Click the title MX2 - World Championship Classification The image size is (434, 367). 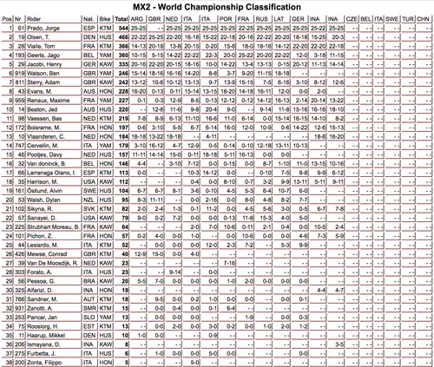coord(218,7)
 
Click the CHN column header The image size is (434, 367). coord(423,18)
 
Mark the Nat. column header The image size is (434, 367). coord(86,18)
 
